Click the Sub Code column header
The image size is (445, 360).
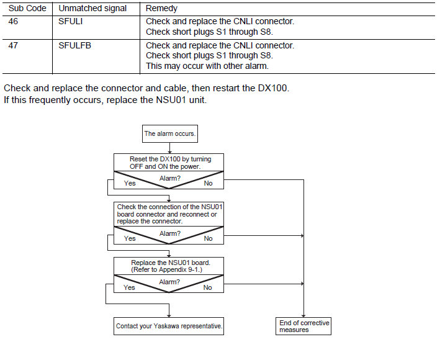27,8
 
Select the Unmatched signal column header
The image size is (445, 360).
92,9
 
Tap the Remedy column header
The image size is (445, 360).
161,9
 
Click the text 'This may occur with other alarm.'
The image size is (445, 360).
207,66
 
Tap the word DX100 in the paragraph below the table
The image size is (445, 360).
273,88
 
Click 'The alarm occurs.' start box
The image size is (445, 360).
170,133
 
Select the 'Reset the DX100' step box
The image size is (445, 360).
169,163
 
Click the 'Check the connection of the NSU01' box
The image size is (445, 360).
169,214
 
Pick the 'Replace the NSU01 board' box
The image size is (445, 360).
169,266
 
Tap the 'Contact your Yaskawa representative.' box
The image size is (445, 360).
169,326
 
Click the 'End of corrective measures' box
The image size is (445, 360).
303,326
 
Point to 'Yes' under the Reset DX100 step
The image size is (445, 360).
130,183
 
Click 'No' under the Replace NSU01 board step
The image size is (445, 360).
207,287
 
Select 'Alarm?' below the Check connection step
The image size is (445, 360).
169,233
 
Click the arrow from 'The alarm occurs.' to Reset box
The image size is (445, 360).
169,148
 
